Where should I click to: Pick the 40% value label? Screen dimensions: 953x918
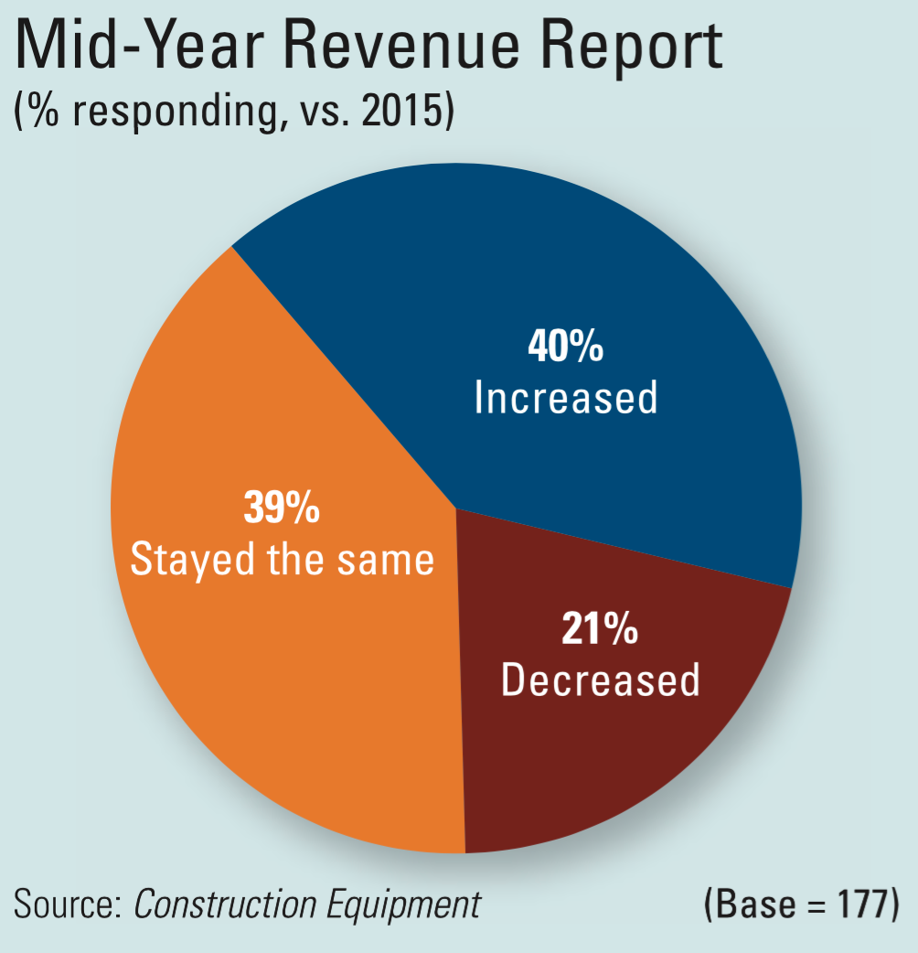pyautogui.click(x=566, y=348)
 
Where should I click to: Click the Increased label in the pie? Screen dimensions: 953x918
pyautogui.click(x=566, y=398)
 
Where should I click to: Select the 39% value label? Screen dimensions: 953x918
pyautogui.click(x=282, y=508)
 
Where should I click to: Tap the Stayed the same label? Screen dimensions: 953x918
pyautogui.click(x=282, y=559)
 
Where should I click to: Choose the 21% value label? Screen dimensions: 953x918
pyautogui.click(x=600, y=630)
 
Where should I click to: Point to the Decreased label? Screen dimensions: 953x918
pyautogui.click(x=601, y=680)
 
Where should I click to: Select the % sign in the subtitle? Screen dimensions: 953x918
pyautogui.click(x=43, y=117)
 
